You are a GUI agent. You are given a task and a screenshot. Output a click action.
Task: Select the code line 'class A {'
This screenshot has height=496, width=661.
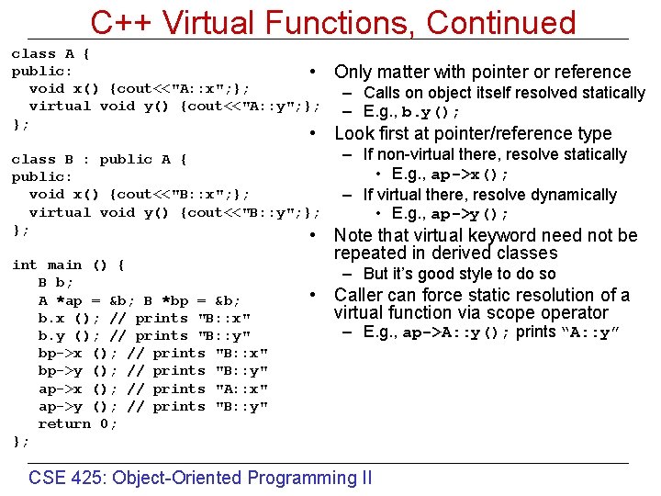click(x=50, y=53)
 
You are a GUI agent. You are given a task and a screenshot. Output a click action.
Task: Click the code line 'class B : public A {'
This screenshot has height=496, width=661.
click(x=99, y=159)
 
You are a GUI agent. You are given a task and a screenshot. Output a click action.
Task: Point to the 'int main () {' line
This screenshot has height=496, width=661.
click(x=68, y=265)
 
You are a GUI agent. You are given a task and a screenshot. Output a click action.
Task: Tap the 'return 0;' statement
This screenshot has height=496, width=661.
click(x=77, y=423)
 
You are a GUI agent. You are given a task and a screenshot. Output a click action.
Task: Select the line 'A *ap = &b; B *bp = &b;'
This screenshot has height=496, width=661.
click(x=140, y=300)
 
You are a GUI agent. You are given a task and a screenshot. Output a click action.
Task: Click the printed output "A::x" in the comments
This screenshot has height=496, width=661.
click(x=241, y=389)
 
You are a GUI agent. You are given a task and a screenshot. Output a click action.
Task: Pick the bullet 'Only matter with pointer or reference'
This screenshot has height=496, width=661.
click(x=482, y=72)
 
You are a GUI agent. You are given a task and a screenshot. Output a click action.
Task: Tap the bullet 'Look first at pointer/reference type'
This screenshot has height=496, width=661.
click(x=472, y=133)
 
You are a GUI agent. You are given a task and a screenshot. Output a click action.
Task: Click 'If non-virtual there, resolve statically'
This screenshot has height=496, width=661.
click(x=494, y=154)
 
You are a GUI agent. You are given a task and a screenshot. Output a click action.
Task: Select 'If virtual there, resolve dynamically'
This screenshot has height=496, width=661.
click(x=489, y=195)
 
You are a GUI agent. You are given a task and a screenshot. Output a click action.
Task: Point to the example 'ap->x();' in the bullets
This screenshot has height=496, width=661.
click(x=470, y=175)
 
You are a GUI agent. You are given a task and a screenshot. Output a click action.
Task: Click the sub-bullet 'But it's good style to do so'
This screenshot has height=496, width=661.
click(x=459, y=274)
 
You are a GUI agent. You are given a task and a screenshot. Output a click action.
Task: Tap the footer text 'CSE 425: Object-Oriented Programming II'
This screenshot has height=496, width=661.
click(x=200, y=478)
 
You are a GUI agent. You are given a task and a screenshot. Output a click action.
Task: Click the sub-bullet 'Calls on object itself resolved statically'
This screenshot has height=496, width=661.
click(x=504, y=93)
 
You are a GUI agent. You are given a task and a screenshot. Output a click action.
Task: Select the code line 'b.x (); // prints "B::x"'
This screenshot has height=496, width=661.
click(x=144, y=318)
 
